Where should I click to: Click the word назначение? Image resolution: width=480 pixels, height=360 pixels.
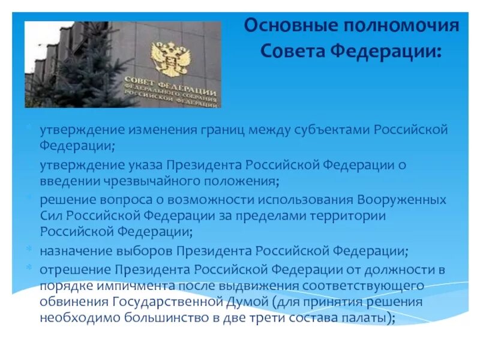point(74,250)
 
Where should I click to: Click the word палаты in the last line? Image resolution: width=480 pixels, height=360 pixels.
point(370,318)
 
